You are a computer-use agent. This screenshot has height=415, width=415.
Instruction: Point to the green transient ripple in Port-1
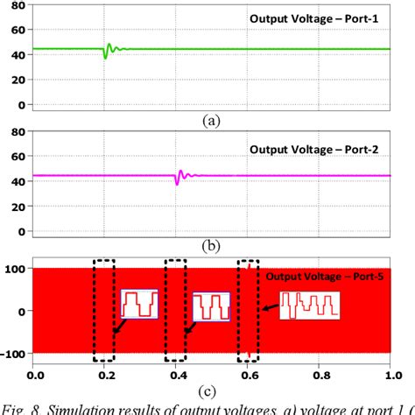(109, 50)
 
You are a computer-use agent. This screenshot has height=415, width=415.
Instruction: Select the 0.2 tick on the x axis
(106, 371)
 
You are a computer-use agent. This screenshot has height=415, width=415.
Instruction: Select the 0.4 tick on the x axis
(178, 371)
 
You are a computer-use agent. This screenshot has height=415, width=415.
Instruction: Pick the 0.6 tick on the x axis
(249, 371)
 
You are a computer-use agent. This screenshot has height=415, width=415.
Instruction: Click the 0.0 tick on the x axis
(34, 371)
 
